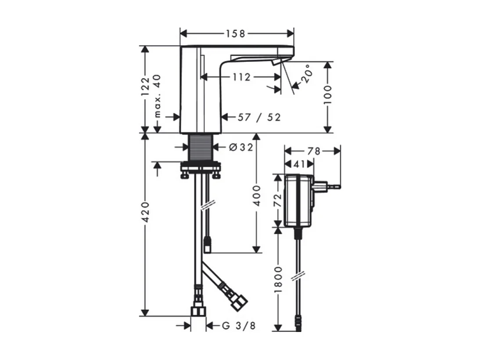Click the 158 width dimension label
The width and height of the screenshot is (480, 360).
tap(236, 33)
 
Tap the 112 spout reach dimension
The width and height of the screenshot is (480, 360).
tap(241, 77)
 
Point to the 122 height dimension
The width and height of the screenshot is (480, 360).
tap(145, 86)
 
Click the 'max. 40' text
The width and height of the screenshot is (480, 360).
tap(157, 96)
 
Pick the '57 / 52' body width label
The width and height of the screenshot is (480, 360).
tap(259, 117)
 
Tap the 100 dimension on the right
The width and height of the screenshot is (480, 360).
tap(328, 95)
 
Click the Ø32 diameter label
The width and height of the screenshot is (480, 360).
tap(241, 148)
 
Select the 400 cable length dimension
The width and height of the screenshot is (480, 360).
tap(257, 195)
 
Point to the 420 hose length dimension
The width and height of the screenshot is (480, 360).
tap(145, 212)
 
